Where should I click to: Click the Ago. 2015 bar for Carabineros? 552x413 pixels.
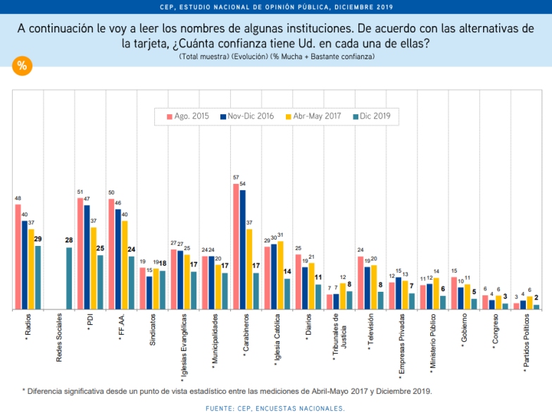236,247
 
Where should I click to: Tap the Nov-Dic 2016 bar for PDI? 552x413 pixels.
87,257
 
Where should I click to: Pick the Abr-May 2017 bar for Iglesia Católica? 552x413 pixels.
281,275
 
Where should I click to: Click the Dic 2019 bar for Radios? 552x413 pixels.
38,278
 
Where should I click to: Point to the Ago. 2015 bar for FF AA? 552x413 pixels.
111,254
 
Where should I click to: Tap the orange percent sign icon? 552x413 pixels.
22,66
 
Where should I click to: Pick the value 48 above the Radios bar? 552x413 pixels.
18,199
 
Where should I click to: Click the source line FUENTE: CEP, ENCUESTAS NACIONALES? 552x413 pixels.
275,408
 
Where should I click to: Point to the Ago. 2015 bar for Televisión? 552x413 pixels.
360,283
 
